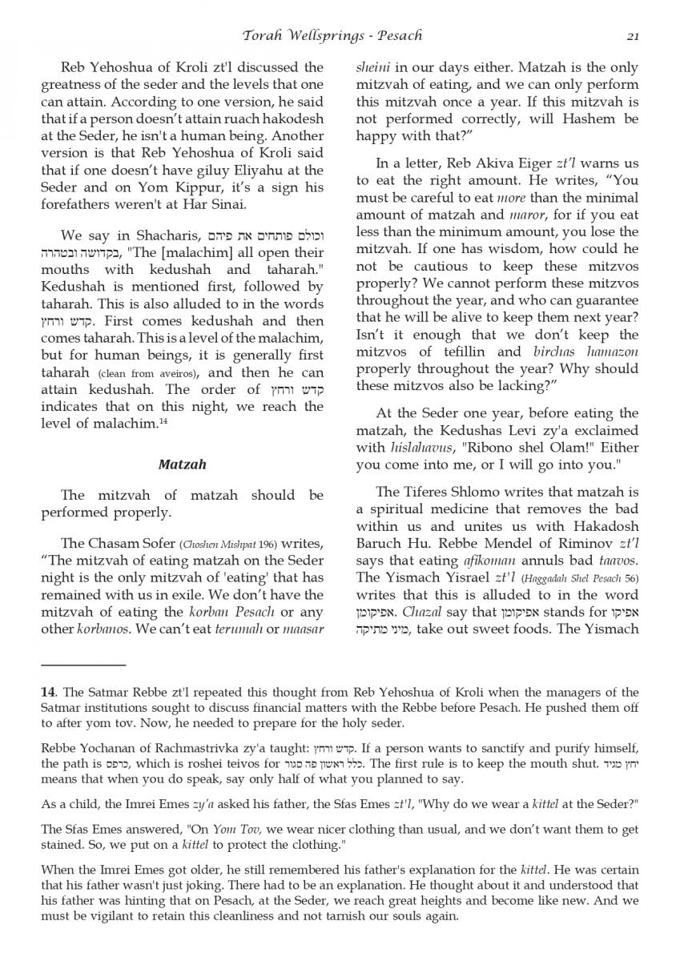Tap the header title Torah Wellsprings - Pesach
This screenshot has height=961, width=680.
(333, 35)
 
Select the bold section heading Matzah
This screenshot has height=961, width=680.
(182, 464)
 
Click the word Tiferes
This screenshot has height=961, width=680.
(433, 491)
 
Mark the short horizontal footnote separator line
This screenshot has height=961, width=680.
(84, 665)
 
